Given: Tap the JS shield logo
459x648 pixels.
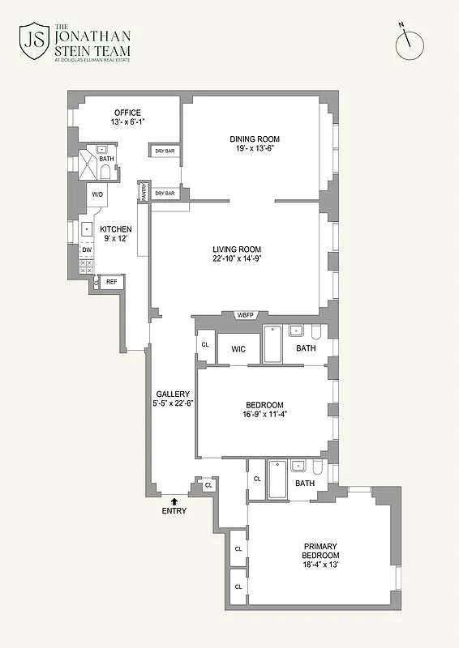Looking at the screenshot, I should (33, 41).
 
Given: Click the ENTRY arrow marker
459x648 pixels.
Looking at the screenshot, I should (174, 502).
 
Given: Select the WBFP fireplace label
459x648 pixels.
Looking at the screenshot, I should (246, 315).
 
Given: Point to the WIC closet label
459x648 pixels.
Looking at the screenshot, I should (238, 349).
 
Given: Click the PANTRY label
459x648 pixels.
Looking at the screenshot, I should (144, 192).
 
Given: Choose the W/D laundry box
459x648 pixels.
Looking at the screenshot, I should (97, 194).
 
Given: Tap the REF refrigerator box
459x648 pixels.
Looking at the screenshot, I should (111, 282).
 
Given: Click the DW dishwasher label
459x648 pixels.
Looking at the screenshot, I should (86, 249).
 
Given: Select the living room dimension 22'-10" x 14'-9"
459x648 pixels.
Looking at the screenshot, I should (236, 259).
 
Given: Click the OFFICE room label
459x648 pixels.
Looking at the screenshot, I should (127, 113).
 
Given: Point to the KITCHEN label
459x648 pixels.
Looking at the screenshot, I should (116, 229).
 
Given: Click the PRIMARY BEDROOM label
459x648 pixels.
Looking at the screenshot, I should (321, 551).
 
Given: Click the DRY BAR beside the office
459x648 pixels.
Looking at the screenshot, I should (165, 151).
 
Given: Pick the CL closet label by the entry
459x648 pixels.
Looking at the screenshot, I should (208, 485).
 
